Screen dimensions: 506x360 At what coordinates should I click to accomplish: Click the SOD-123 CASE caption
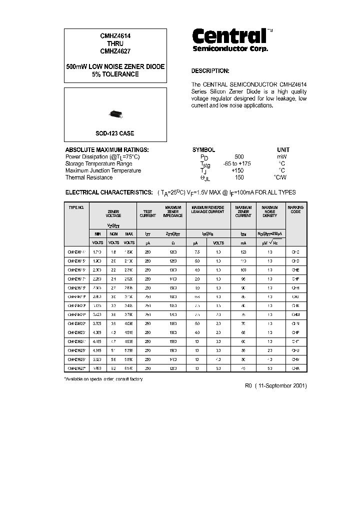pos(115,133)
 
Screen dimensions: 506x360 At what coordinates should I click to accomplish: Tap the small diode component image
pos(115,114)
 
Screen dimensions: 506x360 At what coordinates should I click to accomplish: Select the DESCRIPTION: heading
pos(210,71)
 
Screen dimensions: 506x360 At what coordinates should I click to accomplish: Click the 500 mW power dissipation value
pos(239,156)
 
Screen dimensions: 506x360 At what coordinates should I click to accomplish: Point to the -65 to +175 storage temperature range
pos(239,163)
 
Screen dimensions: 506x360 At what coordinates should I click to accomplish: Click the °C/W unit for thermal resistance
pos(280,177)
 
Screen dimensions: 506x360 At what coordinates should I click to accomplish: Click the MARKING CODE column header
pos(295,209)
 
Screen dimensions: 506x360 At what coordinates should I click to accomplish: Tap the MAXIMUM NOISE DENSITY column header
pos(270,211)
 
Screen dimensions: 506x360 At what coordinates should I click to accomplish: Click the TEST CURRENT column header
pos(147,213)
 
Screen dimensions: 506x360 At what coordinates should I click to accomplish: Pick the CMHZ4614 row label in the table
pos(76,253)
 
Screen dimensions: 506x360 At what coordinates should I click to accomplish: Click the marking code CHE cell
pos(295,270)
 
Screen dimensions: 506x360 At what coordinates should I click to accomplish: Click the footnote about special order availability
pos(103,379)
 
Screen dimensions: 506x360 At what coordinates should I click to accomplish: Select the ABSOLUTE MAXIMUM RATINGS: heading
pos(107,149)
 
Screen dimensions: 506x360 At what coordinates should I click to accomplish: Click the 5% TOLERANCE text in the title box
pos(115,74)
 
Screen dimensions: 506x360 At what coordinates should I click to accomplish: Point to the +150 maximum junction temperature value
pos(239,170)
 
